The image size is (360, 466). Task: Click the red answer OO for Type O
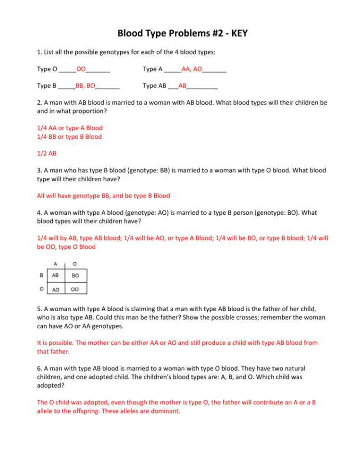pyautogui.click(x=81, y=69)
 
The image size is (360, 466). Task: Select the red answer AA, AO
pyautogui.click(x=192, y=69)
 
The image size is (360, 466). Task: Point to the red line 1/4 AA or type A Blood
pyautogui.click(x=70, y=128)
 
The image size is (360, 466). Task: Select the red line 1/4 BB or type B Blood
pyautogui.click(x=69, y=136)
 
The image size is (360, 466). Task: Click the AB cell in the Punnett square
pyautogui.click(x=56, y=275)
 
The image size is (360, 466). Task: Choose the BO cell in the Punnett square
pyautogui.click(x=75, y=276)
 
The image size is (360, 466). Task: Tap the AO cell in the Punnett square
pyautogui.click(x=56, y=290)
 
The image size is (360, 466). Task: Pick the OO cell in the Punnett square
pyautogui.click(x=75, y=290)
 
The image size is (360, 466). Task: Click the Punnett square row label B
pyautogui.click(x=41, y=275)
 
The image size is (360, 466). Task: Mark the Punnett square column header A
pyautogui.click(x=56, y=263)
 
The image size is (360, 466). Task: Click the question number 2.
pyautogui.click(x=39, y=103)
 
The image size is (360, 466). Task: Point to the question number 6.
pyautogui.click(x=39, y=369)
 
